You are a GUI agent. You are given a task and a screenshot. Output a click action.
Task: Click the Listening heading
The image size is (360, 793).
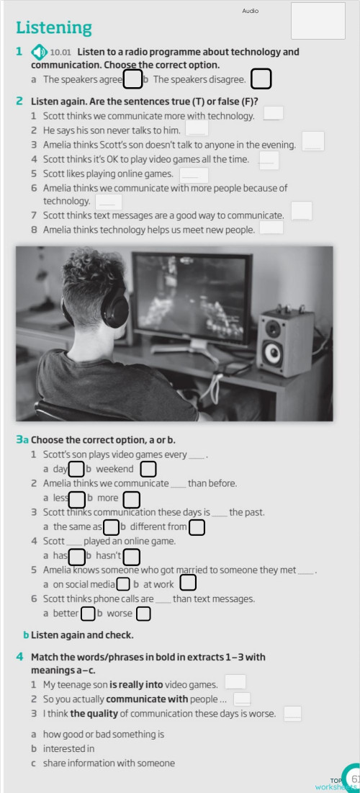click(54, 28)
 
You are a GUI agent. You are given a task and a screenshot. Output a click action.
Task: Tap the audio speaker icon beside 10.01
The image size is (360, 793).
click(39, 53)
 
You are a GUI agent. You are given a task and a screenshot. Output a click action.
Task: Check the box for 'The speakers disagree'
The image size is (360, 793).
click(261, 79)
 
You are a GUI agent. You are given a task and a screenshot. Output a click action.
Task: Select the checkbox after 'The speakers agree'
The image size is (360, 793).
click(132, 79)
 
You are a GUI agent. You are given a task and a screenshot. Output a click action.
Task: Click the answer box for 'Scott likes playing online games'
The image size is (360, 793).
click(194, 174)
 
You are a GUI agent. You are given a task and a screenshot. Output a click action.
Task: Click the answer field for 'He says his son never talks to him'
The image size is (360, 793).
click(197, 128)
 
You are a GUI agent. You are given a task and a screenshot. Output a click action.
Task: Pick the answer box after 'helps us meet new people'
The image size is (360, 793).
click(271, 228)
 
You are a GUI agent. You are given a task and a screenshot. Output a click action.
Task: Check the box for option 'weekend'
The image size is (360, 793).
click(148, 470)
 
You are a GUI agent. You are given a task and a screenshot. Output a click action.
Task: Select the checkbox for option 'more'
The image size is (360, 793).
click(131, 498)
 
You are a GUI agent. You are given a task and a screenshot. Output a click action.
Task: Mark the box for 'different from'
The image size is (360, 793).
click(197, 527)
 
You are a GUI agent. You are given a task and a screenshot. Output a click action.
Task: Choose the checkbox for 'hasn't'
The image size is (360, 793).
click(131, 556)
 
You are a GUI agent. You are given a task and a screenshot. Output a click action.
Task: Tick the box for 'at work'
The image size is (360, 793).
click(187, 583)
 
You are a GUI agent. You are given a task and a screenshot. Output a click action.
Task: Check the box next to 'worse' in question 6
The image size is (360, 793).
click(143, 614)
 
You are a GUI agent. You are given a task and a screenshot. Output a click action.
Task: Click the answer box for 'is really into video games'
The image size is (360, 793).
click(235, 681)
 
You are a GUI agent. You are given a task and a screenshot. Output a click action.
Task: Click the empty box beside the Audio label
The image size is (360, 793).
click(318, 20)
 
